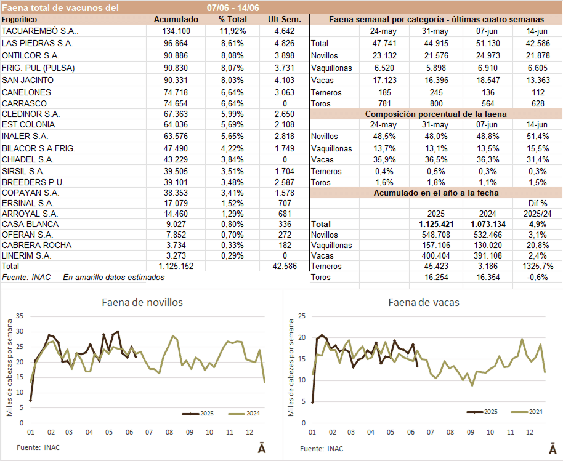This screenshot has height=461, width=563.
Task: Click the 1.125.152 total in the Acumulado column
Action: click(176, 266)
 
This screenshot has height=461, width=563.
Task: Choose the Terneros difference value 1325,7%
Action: click(534, 266)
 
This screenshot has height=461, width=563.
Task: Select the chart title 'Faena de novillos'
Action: click(142, 302)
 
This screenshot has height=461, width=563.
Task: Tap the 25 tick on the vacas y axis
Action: click(302, 316)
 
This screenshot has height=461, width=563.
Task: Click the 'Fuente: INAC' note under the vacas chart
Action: click(322, 449)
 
